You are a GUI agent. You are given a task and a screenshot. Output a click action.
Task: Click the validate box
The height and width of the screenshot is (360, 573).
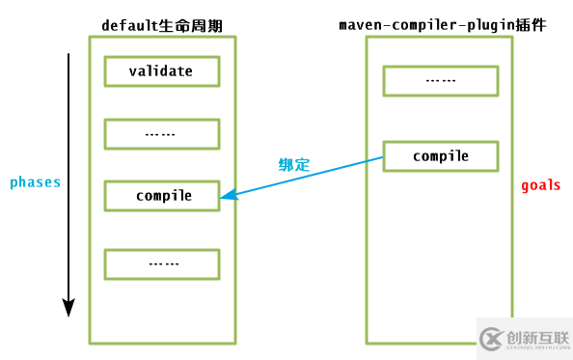(x=162, y=70)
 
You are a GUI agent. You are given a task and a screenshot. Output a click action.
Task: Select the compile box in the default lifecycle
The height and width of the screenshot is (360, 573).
(x=162, y=195)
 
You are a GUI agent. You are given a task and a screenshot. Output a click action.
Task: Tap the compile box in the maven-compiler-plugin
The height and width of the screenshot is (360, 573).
(x=441, y=155)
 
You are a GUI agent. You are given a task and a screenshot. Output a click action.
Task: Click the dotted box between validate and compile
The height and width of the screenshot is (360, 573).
(x=162, y=133)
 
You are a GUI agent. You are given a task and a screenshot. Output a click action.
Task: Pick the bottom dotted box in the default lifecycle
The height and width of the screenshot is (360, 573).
(x=162, y=263)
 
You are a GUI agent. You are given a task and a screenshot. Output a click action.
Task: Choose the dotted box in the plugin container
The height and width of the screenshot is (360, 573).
(x=441, y=81)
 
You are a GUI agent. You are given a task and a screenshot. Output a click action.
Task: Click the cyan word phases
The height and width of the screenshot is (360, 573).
(x=35, y=181)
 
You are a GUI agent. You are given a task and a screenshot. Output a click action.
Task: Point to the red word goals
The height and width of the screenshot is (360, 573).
(x=540, y=184)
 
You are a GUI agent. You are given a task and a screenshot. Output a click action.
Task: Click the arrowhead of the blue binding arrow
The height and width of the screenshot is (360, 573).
(x=226, y=197)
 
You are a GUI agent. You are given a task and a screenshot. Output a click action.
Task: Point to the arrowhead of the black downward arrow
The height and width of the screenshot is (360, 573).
(x=68, y=308)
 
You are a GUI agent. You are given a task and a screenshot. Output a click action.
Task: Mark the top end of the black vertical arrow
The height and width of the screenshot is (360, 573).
(x=68, y=56)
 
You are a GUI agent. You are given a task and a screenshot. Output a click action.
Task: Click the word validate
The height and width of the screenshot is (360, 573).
(x=162, y=70)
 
